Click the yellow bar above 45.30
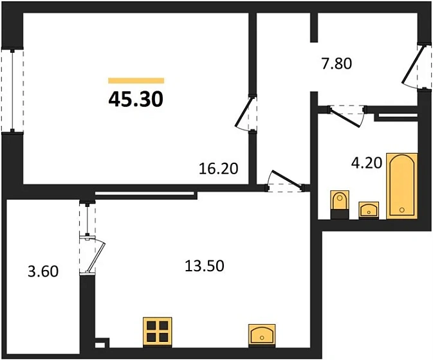[136, 80]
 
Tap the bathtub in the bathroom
[402, 185]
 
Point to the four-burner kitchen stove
[157, 332]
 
